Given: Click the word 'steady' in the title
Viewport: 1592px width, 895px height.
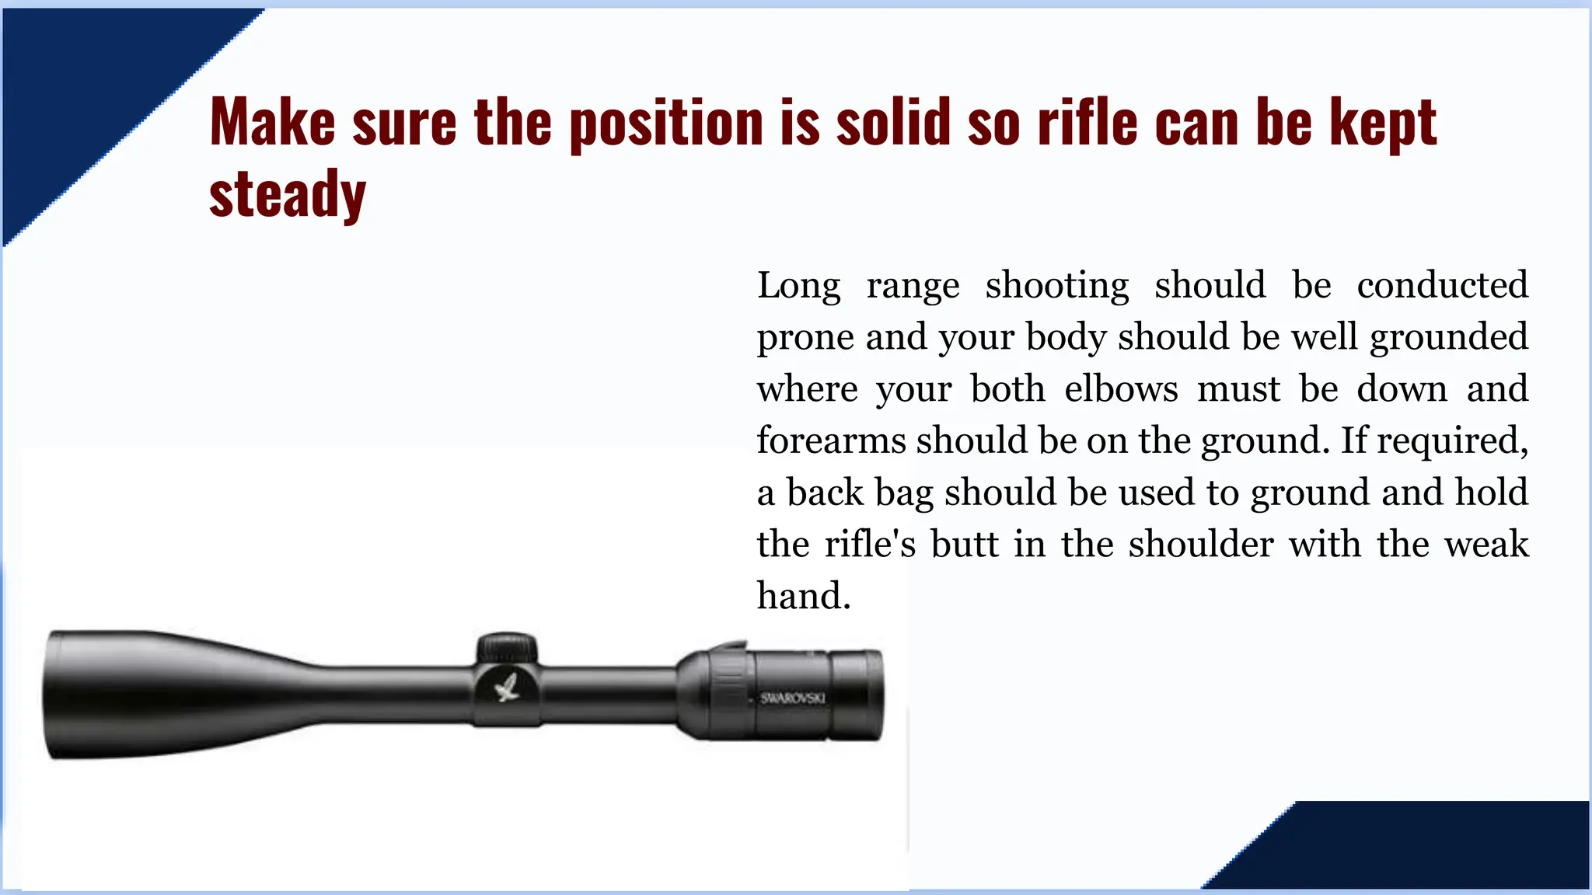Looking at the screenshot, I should click(x=287, y=194).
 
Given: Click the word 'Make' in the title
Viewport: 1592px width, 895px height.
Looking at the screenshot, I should click(x=272, y=122).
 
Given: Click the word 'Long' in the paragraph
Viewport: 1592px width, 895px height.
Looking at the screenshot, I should click(x=799, y=285).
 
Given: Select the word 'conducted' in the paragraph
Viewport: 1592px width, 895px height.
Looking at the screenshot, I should click(x=1442, y=285).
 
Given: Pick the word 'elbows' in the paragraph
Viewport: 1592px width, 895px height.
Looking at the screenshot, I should click(x=1121, y=388).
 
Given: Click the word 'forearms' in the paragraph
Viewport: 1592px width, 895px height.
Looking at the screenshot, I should click(x=831, y=441).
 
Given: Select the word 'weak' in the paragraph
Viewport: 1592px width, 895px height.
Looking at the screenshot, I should click(x=1486, y=544).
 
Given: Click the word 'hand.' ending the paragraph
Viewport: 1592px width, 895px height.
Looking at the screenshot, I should click(x=804, y=596).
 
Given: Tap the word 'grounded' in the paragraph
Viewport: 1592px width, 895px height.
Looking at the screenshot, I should click(x=1449, y=337).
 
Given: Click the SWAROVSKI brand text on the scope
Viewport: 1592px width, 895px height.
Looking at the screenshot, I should click(x=792, y=698).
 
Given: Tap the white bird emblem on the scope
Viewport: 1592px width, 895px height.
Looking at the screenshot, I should click(x=507, y=687).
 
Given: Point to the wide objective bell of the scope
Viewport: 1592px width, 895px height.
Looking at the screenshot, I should click(x=117, y=694).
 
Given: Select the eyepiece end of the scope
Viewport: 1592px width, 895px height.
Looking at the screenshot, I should click(x=855, y=694).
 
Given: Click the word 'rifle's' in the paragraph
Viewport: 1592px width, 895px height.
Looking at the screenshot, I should click(x=870, y=544).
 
